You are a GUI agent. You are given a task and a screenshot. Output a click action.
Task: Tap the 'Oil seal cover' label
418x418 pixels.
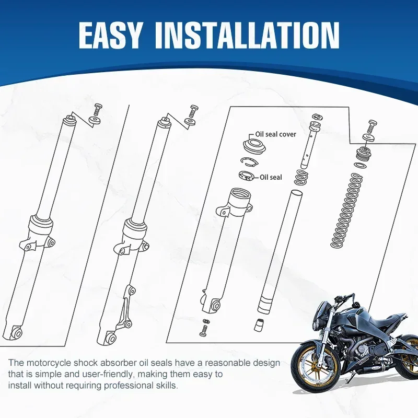click(275, 134)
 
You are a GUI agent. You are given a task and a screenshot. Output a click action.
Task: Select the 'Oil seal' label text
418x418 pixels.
click(271, 177)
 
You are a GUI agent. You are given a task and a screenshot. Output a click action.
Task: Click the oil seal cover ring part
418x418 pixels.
click(254, 145)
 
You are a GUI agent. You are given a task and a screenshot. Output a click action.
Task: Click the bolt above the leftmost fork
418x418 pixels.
click(97, 110)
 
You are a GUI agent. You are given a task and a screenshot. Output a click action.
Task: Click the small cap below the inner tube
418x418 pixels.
click(258, 324)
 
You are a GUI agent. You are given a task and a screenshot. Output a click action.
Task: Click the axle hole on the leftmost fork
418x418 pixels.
click(17, 332)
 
